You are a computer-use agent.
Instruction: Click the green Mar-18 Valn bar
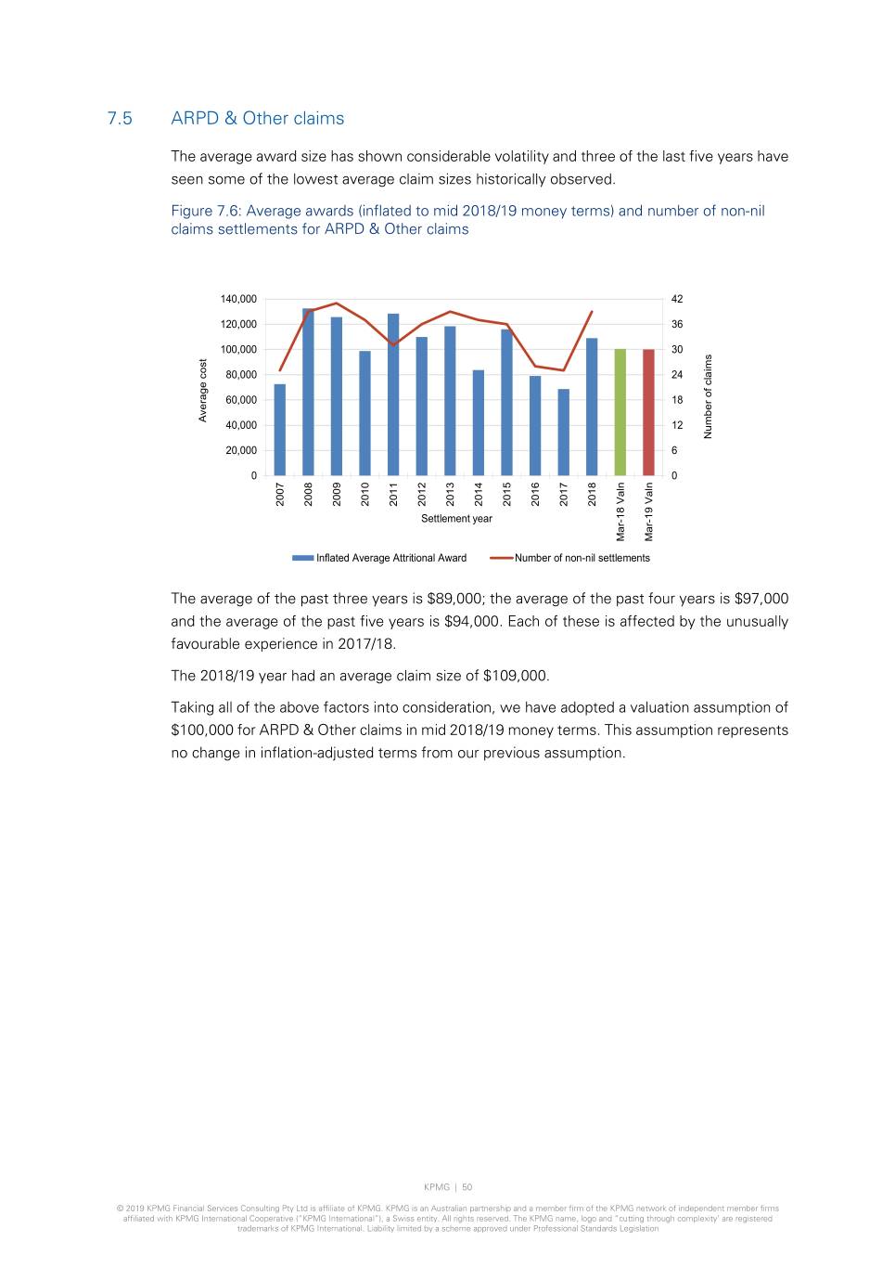pos(620,413)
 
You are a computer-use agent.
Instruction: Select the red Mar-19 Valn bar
pos(648,413)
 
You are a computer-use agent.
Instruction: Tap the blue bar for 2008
pos(308,393)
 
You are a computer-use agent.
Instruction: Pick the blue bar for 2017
pos(563,433)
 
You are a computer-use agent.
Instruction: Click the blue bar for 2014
pos(479,423)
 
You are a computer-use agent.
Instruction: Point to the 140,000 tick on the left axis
pos(238,299)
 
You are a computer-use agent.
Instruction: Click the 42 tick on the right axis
pos(677,299)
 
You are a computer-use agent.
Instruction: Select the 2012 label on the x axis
pos(422,494)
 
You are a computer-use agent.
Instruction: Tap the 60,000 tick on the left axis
pos(241,400)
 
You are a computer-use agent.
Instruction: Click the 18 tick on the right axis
pos(677,400)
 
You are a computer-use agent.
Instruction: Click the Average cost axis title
pos(203,390)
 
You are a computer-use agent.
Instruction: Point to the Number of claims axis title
pos(709,396)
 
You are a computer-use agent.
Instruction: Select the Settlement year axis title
pos(456,519)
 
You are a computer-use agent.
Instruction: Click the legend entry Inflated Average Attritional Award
pos(390,558)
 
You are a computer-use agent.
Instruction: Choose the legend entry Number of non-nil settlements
pos(582,558)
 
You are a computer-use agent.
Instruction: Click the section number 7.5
pos(120,119)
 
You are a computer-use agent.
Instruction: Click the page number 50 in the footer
pos(467,1187)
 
